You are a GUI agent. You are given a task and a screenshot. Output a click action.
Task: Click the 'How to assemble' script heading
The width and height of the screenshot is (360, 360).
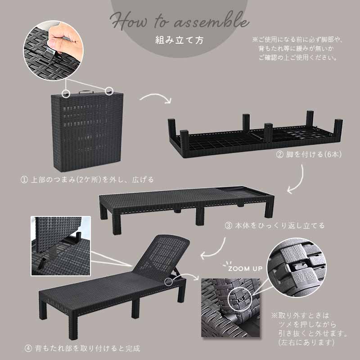pyautogui.click(x=180, y=21)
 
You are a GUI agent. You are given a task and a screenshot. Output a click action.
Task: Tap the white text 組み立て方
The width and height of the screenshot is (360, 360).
pyautogui.click(x=179, y=40)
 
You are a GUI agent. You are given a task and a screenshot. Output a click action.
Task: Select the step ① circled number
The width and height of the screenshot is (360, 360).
pyautogui.click(x=24, y=180)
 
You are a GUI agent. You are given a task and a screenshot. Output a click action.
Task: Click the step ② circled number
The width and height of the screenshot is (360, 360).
pyautogui.click(x=279, y=154)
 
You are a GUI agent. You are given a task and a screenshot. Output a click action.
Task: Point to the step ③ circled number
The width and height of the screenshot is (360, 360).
pyautogui.click(x=228, y=226)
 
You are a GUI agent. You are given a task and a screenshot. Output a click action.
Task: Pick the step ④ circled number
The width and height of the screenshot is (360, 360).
pyautogui.click(x=28, y=348)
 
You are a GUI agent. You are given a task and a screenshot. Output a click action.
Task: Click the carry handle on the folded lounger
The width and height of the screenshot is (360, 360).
pyautogui.click(x=86, y=92)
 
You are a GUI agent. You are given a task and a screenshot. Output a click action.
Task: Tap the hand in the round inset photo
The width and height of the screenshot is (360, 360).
pyautogui.click(x=65, y=41)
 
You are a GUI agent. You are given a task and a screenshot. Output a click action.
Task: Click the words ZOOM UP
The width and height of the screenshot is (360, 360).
pyautogui.click(x=245, y=269)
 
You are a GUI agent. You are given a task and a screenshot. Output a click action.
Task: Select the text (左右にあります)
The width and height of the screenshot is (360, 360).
pyautogui.click(x=306, y=342)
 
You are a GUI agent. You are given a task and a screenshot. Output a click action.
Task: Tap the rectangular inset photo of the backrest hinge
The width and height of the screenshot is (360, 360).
pyautogui.click(x=61, y=246)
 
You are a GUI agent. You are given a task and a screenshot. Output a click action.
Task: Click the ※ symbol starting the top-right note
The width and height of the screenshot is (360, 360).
pyautogui.click(x=255, y=40)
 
